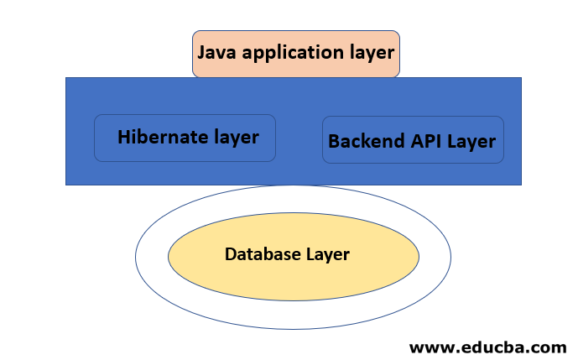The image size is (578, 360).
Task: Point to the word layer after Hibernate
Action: point(234,137)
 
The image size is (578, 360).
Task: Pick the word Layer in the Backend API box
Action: point(471,141)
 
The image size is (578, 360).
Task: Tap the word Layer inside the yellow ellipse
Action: point(327,253)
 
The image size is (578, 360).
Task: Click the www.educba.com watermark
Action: point(487,346)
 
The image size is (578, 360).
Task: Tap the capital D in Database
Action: point(231,253)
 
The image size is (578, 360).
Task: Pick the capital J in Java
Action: point(201,52)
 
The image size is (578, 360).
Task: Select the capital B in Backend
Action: point(334,141)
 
